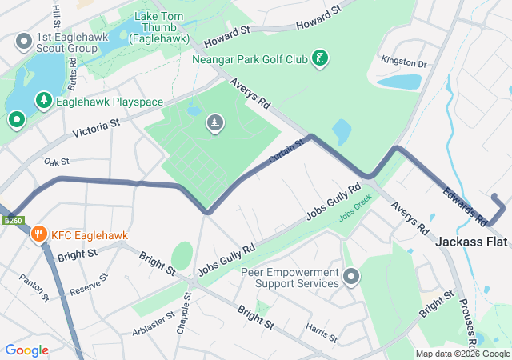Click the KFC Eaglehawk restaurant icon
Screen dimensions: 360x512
pos(38,234)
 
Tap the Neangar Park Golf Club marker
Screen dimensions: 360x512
pos(320,58)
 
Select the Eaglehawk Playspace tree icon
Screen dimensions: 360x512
pos(42,102)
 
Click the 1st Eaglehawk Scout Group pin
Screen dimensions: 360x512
pos(24,40)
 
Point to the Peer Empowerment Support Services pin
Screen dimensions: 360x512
pos(351,278)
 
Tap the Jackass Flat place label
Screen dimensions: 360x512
pos(474,241)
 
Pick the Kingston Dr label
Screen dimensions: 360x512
pos(405,62)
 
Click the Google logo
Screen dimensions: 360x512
pos(27,350)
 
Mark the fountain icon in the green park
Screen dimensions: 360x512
pos(215,122)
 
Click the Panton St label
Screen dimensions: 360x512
pos(35,290)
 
